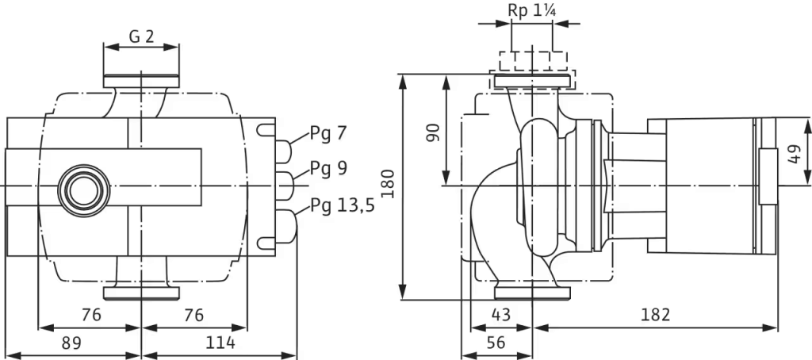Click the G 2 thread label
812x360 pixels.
click(141, 36)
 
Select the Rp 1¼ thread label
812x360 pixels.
click(532, 10)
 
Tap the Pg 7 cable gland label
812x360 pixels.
click(327, 133)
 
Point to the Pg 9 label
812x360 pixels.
click(329, 168)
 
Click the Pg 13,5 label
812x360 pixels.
click(343, 205)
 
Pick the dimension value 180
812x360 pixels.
click(389, 183)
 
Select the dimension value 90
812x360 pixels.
click(433, 132)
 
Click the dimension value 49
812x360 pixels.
click(793, 154)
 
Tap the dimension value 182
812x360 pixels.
click(655, 315)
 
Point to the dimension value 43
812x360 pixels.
click(501, 315)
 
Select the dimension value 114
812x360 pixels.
click(220, 343)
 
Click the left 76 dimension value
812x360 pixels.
click(91, 315)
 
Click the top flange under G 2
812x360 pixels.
click(141, 82)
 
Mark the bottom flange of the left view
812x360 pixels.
click(141, 293)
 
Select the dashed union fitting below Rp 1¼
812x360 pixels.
click(532, 70)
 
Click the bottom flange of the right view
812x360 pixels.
click(532, 293)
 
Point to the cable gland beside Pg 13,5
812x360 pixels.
click(286, 226)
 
